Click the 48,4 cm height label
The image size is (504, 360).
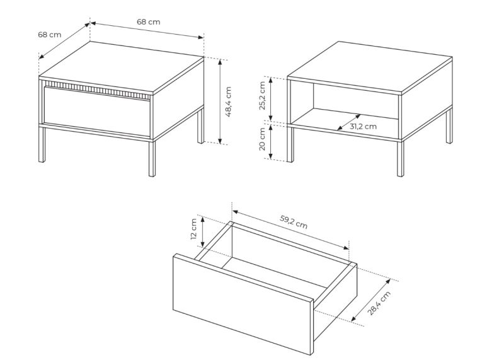228,102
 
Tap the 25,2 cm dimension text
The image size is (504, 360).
262,96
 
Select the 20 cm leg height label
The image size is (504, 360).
262,139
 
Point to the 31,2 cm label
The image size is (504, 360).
363,127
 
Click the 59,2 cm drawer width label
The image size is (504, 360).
294,222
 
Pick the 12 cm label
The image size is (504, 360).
193,229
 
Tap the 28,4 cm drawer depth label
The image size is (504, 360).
379,303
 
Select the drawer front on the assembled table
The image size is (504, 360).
97,111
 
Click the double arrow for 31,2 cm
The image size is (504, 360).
349,122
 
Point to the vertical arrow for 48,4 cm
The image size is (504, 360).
220,102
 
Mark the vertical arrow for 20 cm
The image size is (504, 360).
271,142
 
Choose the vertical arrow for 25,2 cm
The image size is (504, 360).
271,99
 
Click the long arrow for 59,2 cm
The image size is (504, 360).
290,229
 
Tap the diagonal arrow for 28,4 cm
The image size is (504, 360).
370,300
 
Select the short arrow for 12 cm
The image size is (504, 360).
202,232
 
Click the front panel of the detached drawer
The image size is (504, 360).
243,304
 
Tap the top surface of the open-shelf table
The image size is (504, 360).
370,67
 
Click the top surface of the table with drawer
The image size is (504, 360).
121,67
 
